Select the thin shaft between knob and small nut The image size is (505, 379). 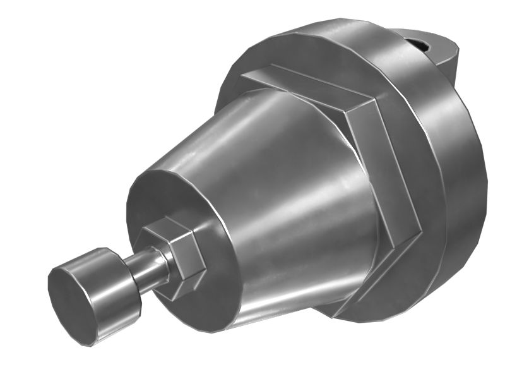pyautogui.click(x=148, y=268)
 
